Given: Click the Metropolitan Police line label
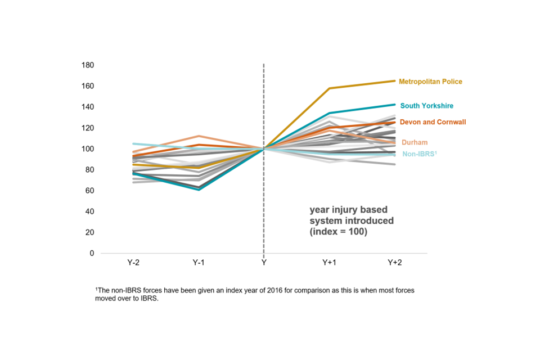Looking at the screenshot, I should [x=430, y=82].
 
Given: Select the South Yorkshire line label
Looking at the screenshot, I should [x=426, y=106].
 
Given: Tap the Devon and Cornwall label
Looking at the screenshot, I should [x=433, y=122].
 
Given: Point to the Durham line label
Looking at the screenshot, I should [x=413, y=142].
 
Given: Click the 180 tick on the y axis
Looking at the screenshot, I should [x=88, y=65].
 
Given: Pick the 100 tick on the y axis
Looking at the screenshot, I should [x=88, y=149].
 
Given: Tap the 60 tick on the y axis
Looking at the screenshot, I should [x=89, y=191].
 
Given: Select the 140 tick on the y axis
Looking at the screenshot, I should [x=88, y=107].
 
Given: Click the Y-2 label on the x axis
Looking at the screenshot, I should [x=133, y=263].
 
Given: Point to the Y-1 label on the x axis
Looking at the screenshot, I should [x=198, y=263].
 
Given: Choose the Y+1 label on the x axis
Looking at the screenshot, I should [x=330, y=263].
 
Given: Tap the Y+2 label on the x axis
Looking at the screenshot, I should [x=395, y=263].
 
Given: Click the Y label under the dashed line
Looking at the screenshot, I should [x=264, y=263].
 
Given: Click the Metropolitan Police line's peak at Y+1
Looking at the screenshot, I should [x=330, y=88].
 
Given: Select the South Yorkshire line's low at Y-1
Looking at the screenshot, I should [x=198, y=189].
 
